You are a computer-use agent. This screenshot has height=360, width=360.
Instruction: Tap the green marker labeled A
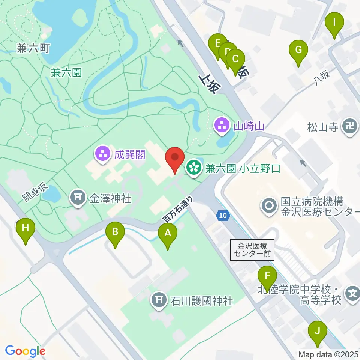click(x=167, y=234)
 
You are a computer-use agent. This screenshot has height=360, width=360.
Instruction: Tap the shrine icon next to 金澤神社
click(x=78, y=198)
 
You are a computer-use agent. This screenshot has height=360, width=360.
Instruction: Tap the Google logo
click(x=25, y=351)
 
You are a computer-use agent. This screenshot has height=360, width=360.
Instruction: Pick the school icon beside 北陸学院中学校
click(x=352, y=292)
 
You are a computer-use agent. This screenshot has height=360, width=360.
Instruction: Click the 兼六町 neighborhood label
click(x=33, y=48)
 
